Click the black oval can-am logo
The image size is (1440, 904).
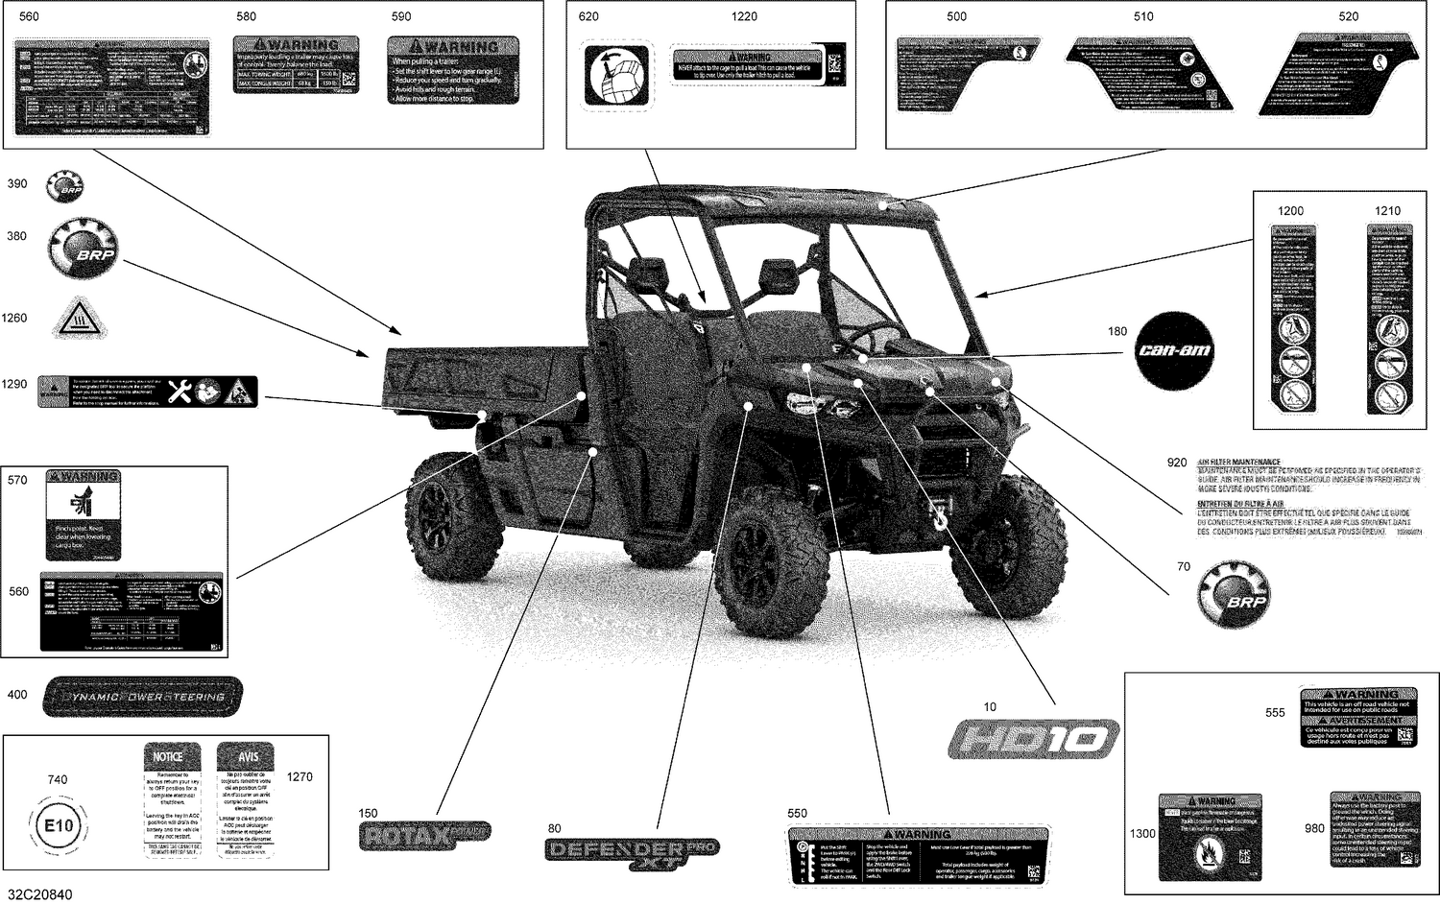pos(1174,350)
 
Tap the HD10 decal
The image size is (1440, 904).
pos(1034,739)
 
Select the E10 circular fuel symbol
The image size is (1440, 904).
pos(59,825)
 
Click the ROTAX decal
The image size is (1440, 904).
pos(424,835)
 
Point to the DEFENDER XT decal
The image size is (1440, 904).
pos(632,852)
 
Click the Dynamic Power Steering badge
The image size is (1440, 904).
pos(143,697)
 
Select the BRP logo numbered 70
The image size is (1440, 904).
pos(1234,594)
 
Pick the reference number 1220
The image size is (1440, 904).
pos(744,16)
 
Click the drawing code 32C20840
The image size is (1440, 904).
pos(37,894)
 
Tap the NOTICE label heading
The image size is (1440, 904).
pos(168,756)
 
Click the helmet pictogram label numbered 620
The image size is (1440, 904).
pos(617,74)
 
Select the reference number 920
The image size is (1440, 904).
pos(1177,463)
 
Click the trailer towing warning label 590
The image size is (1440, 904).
pos(453,70)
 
